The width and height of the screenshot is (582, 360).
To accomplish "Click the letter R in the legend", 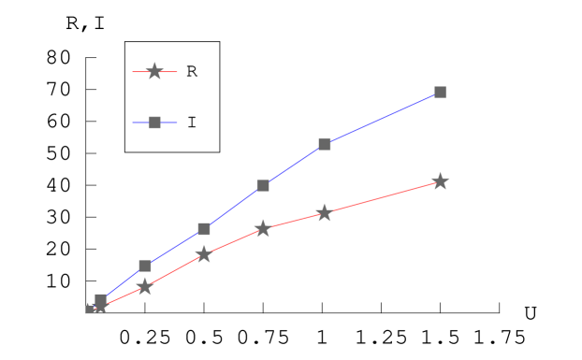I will [192, 72].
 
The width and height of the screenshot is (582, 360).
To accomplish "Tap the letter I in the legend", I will [192, 122].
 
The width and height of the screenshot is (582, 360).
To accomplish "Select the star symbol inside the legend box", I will [154, 71].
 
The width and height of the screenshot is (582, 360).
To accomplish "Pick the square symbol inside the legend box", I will [154, 122].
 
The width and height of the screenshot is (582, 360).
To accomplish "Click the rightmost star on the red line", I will [440, 181].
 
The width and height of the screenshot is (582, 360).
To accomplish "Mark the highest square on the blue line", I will [440, 92].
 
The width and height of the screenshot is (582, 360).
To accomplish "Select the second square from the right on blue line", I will [325, 144].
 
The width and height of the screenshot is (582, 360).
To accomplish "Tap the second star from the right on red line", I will [324, 213].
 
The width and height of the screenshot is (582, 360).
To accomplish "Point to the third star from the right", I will [263, 228].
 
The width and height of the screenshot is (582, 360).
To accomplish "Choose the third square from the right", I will [263, 185].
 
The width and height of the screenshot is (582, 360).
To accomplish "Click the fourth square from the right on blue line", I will [204, 229].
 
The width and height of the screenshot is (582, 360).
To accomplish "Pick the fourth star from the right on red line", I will [203, 254].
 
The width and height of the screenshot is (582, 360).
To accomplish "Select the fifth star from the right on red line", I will [144, 287].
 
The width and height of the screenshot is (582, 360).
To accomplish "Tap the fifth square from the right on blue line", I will [145, 266].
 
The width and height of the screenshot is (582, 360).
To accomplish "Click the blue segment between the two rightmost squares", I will [382, 118].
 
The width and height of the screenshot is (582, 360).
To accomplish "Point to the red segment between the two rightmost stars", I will [382, 197].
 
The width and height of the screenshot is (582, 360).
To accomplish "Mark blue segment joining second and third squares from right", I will [294, 165].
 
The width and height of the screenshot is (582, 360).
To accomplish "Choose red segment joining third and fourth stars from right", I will [233, 241].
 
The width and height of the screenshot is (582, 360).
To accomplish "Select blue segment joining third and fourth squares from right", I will [233, 208].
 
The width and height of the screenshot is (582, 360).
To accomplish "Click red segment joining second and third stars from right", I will [293, 221].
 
